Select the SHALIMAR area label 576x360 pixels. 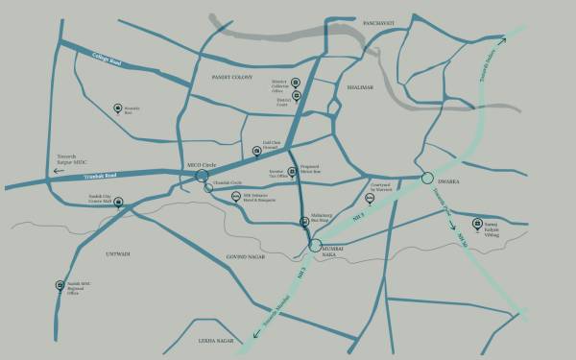tap(360, 86)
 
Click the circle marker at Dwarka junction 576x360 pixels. tap(426, 177)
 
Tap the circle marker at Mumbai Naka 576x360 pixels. tap(316, 247)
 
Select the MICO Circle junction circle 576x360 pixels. tap(201, 176)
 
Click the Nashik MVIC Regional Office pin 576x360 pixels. tap(60, 284)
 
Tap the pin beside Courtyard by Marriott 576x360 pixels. tap(371, 199)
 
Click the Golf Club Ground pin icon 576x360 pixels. tap(256, 150)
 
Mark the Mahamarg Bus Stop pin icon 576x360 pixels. tap(305, 223)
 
